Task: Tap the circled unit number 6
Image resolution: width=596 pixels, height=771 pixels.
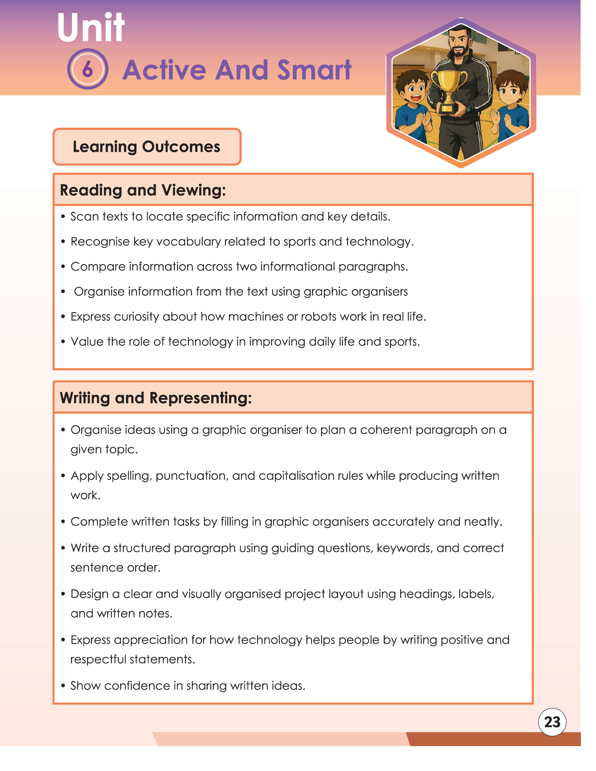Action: click(x=88, y=69)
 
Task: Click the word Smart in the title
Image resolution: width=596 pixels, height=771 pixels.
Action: click(x=314, y=70)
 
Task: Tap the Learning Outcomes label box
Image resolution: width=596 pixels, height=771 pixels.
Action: click(x=147, y=146)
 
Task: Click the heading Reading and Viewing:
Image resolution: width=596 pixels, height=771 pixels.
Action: click(x=143, y=190)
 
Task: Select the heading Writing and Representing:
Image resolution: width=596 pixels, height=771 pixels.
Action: click(x=156, y=398)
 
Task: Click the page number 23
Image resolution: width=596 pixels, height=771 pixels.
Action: click(x=552, y=722)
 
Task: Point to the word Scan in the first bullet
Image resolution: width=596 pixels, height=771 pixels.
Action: click(x=84, y=216)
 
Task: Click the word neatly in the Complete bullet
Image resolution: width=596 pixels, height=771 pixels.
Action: click(x=483, y=522)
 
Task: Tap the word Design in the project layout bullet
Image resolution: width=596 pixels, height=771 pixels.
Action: click(x=89, y=594)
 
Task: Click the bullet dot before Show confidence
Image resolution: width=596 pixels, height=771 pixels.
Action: click(x=63, y=686)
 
